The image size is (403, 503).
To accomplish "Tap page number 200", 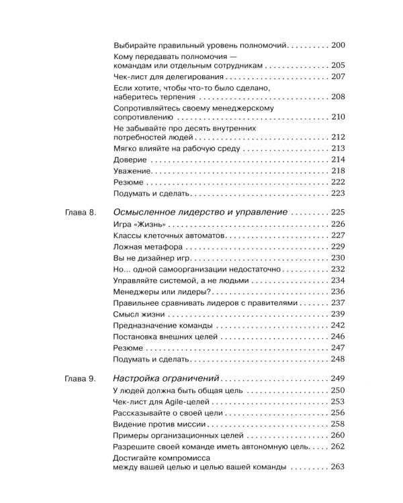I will tap(338, 45).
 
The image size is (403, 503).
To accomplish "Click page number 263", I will tap(338, 486).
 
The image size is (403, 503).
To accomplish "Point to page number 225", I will tap(338, 212).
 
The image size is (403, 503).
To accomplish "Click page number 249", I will tap(338, 378).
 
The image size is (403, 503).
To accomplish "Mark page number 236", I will tap(338, 292).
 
